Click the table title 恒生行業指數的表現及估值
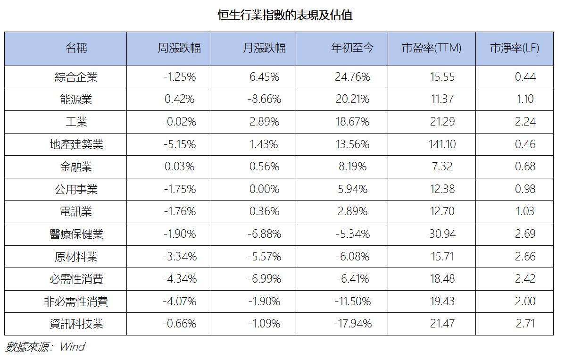click(x=285, y=15)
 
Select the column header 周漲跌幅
click(x=179, y=48)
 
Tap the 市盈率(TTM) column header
click(x=432, y=48)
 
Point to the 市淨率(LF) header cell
click(x=515, y=48)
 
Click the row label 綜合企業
click(x=76, y=77)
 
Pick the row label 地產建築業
click(x=76, y=144)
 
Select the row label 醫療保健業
click(x=76, y=234)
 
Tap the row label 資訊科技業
click(x=76, y=324)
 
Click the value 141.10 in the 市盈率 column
click(x=442, y=144)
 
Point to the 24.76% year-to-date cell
click(x=352, y=77)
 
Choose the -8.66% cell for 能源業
click(x=264, y=99)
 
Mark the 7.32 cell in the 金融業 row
click(x=442, y=167)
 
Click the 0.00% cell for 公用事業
click(x=264, y=189)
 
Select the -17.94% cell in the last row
click(x=352, y=324)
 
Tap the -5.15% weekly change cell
click(x=179, y=144)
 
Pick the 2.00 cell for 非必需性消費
click(x=525, y=301)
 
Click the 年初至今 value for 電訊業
click(x=352, y=211)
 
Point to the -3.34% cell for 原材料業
click(x=179, y=257)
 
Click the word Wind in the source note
click(x=73, y=347)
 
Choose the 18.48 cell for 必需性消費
click(x=442, y=278)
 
